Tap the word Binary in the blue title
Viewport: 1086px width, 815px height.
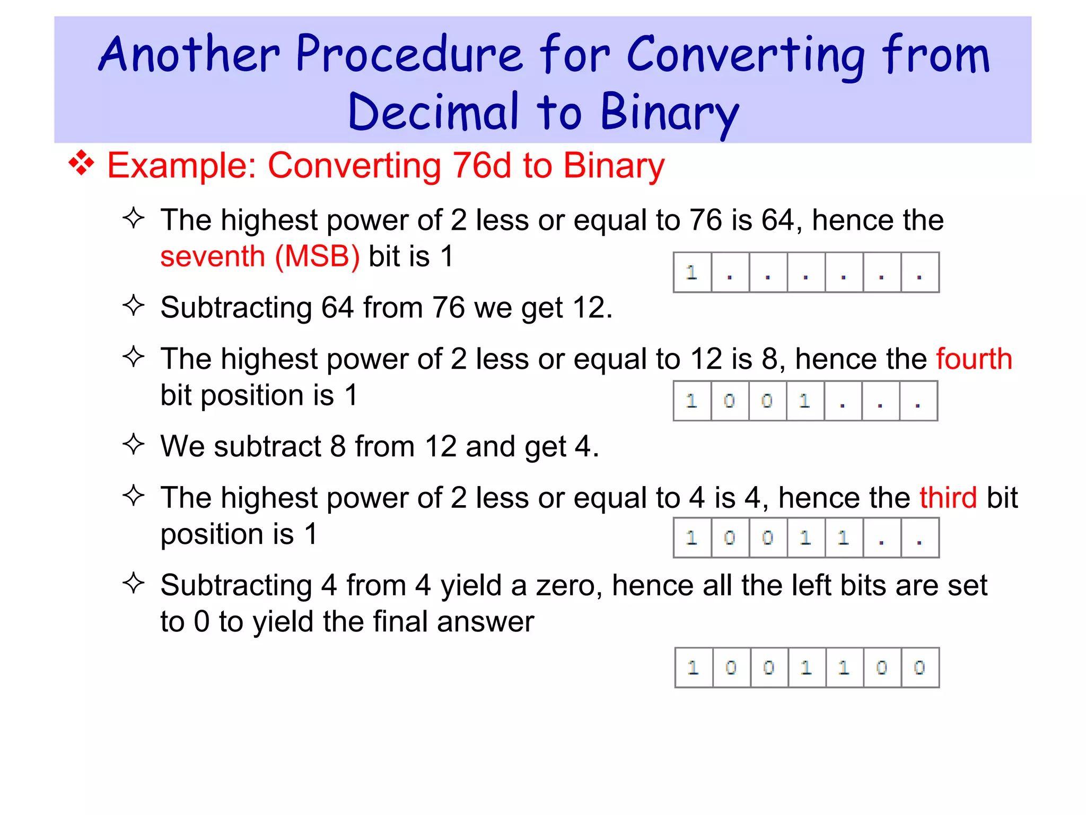click(x=669, y=112)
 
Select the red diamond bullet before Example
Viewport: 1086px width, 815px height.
click(x=81, y=163)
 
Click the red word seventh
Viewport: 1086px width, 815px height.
click(x=213, y=257)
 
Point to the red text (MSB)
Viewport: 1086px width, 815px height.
click(x=317, y=257)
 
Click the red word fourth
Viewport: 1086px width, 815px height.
click(x=974, y=359)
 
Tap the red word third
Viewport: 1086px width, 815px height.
click(x=948, y=498)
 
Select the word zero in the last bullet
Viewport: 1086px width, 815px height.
click(x=568, y=585)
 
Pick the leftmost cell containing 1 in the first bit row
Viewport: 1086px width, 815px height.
click(x=692, y=273)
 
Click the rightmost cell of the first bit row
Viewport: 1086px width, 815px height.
click(x=919, y=273)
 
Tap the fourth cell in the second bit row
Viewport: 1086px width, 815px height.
click(x=805, y=401)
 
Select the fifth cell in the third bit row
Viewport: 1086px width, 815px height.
click(x=844, y=538)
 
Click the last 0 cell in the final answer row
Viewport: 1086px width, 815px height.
click(x=919, y=667)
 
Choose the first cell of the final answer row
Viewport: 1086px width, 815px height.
click(x=694, y=667)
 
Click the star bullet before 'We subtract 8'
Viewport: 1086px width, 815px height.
click(x=134, y=445)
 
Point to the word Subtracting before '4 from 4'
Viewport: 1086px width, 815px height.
click(x=236, y=585)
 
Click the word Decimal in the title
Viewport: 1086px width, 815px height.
click(x=433, y=112)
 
